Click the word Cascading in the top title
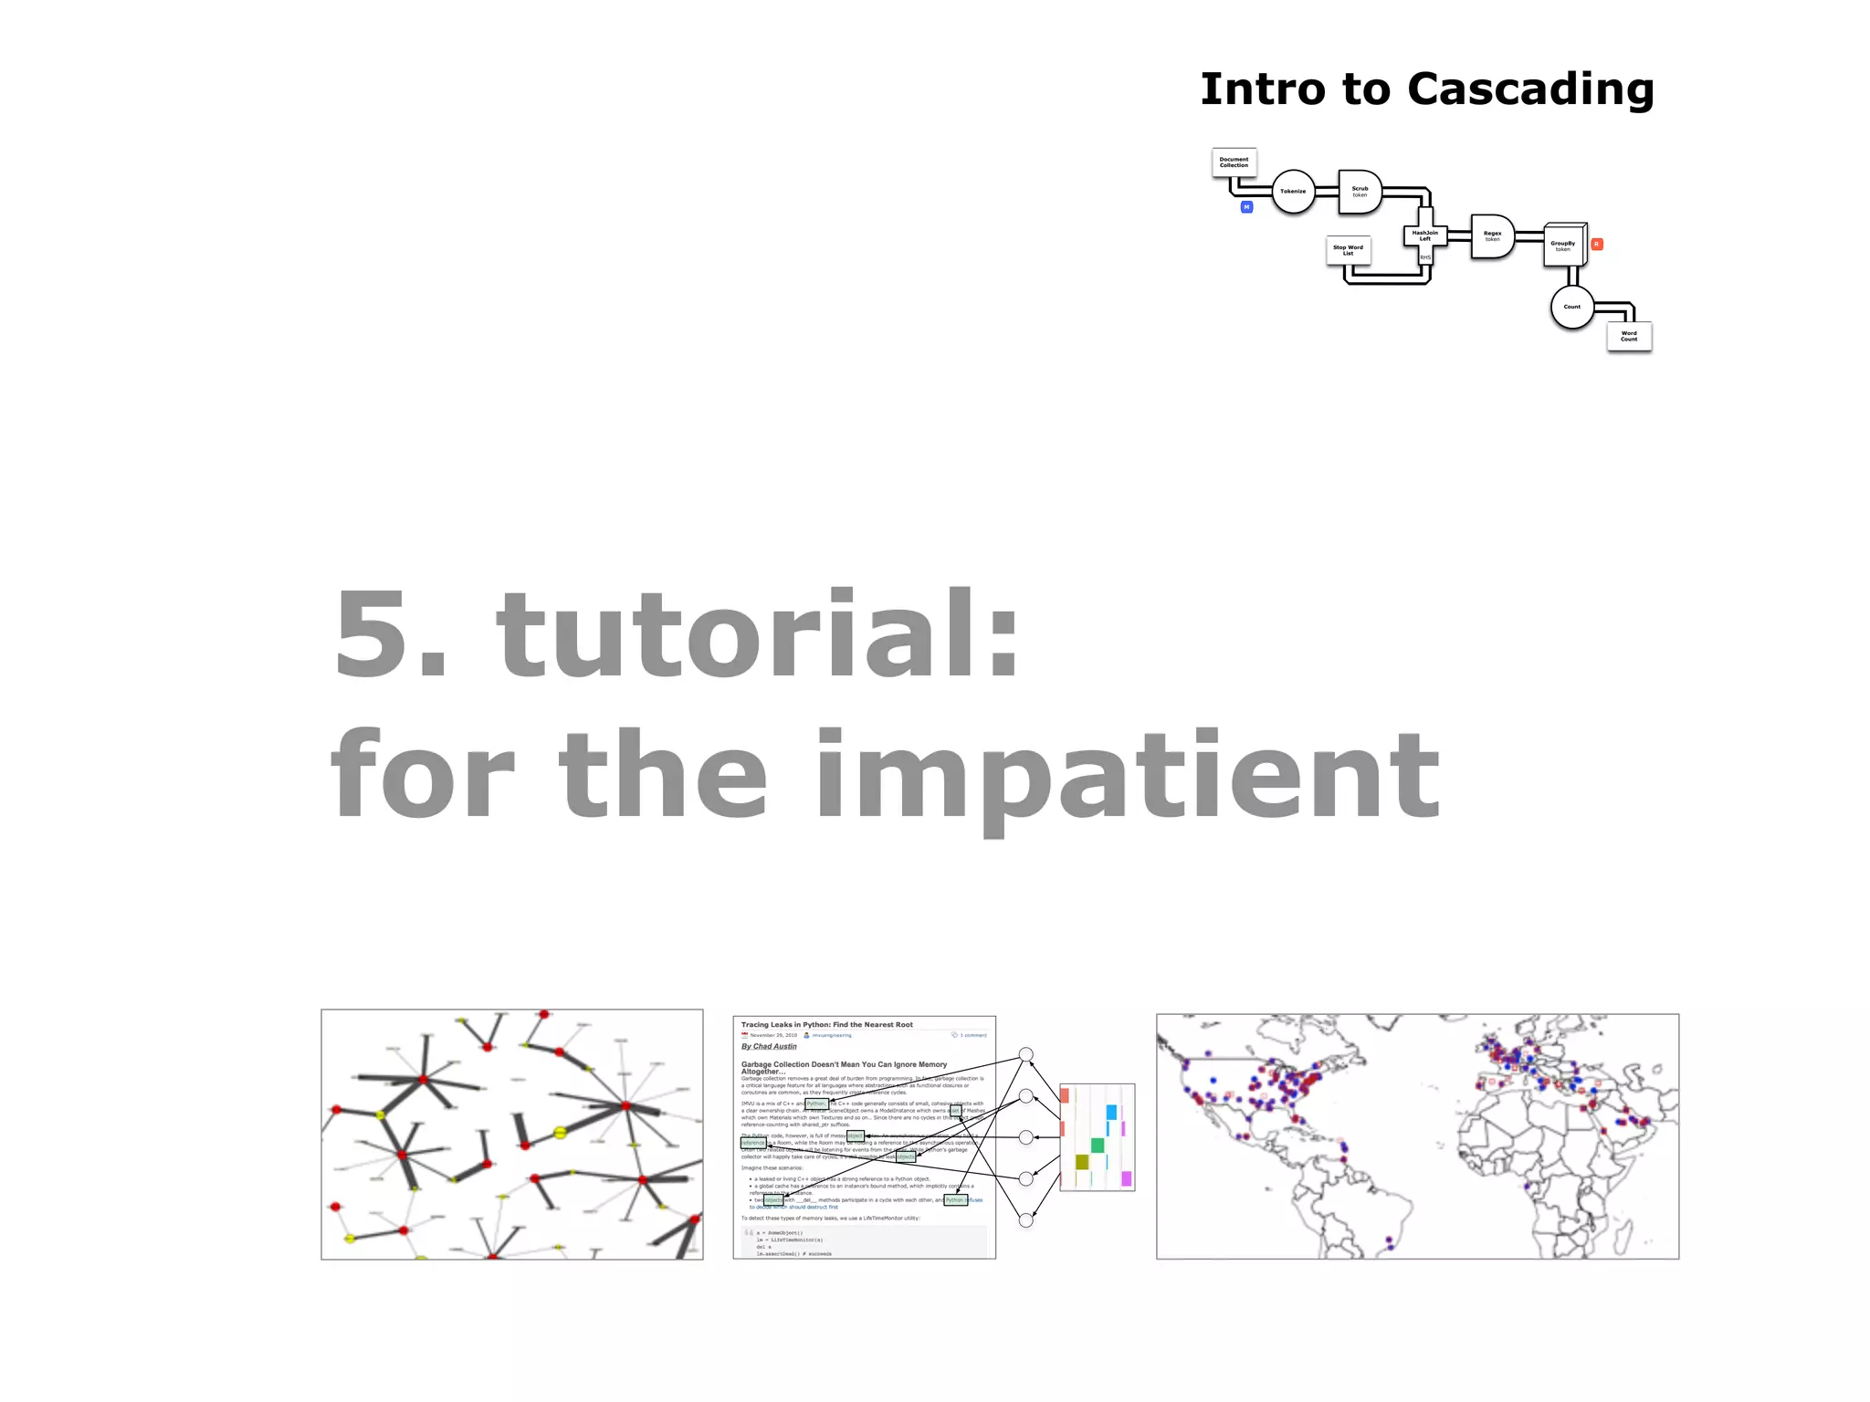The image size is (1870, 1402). [1530, 90]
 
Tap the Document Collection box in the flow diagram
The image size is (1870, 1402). [1234, 162]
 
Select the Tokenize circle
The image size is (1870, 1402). [1293, 192]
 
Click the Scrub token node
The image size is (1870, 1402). [1360, 192]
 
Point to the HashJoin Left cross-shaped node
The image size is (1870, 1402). [1424, 236]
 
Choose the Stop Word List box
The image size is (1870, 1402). [1348, 250]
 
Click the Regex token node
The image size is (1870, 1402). [1492, 236]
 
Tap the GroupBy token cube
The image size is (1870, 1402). [1563, 246]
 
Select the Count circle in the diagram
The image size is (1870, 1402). [1571, 307]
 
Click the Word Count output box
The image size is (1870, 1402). [1629, 336]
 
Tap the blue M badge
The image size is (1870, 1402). [1246, 207]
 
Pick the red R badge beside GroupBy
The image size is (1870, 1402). [1596, 245]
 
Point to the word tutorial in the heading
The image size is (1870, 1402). [756, 634]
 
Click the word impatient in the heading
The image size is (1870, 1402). [1128, 776]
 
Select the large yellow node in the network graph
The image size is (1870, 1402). [560, 1133]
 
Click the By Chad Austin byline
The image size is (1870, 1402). [769, 1047]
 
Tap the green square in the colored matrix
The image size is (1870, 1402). [1098, 1146]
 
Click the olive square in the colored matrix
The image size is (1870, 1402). [1082, 1162]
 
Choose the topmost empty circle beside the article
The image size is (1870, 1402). [1026, 1054]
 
